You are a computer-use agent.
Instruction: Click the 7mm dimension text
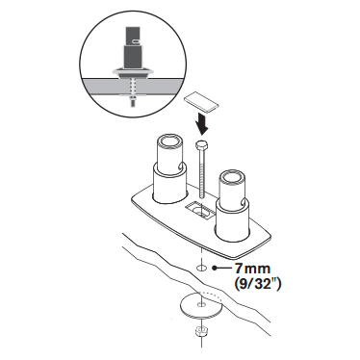pos(252,269)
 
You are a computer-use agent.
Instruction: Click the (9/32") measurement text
pos(258,284)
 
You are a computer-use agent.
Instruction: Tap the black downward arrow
pos(201,124)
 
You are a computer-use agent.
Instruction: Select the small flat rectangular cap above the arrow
pos(201,103)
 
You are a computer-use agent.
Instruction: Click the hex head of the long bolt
pos(201,145)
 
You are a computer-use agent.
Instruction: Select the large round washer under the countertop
pos(201,305)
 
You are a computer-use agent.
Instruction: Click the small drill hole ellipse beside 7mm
pos(201,268)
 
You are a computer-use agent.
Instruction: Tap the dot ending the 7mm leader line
pos(213,268)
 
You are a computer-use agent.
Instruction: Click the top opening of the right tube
pos(231,177)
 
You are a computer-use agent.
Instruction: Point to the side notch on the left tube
pos(182,167)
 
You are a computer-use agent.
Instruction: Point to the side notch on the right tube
pos(244,203)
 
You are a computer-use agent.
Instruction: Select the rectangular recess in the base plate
pos(201,210)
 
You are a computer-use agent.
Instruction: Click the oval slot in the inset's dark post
pos(136,40)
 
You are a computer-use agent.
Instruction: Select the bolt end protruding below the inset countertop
pos(132,103)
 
